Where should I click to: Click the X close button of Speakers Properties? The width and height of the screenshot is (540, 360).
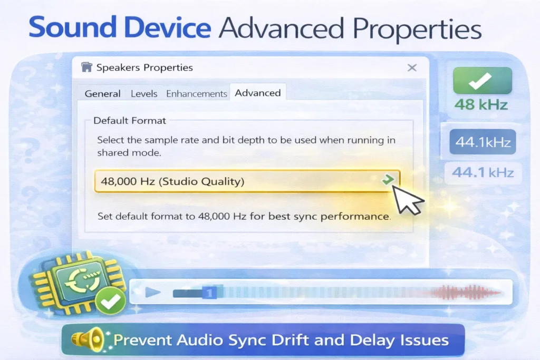coord(412,67)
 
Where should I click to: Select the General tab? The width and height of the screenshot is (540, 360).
coord(103,93)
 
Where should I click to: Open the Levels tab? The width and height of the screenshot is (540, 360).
coord(144,93)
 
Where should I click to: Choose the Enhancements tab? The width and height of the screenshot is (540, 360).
coord(197,93)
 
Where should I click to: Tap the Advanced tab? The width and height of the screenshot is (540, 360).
coord(258,93)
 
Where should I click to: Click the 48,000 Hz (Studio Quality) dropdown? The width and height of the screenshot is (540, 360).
coord(237,181)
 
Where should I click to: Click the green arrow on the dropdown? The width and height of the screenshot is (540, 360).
coord(388,180)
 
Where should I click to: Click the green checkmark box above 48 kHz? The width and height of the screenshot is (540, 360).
coord(482,80)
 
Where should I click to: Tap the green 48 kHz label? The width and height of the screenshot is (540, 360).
coord(481,104)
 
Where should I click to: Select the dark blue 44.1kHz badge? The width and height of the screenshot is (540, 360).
coord(483,142)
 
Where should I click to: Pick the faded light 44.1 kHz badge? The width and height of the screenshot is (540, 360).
coord(483,172)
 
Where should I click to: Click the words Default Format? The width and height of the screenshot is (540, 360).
coord(130,120)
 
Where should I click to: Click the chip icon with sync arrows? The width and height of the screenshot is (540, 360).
coord(79,283)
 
